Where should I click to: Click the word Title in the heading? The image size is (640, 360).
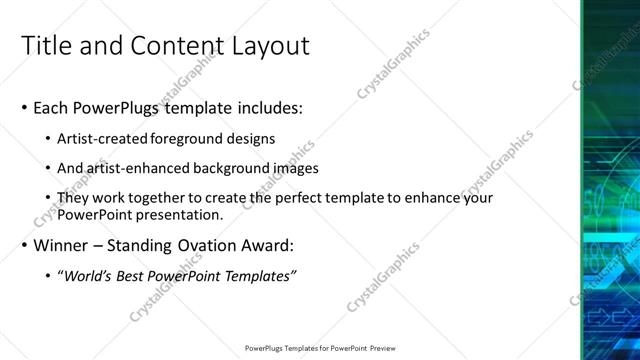(48, 46)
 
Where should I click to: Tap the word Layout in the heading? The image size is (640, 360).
(268, 46)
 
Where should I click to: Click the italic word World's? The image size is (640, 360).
(89, 276)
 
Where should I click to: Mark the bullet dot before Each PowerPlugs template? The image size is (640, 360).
(24, 108)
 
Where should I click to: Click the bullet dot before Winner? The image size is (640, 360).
(24, 246)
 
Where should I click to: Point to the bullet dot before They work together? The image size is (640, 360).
(49, 199)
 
